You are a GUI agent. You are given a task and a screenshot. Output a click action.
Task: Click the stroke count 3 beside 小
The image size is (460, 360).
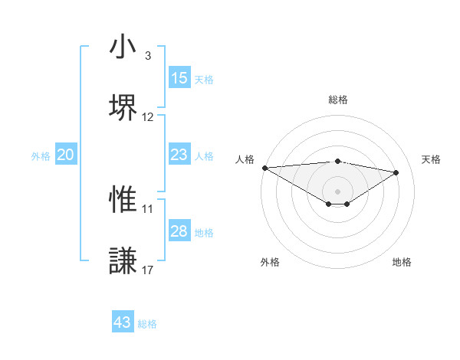[148, 56]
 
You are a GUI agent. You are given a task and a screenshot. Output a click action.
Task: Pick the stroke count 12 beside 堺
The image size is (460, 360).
[148, 117]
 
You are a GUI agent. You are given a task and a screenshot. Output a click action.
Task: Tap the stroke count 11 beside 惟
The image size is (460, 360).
[148, 208]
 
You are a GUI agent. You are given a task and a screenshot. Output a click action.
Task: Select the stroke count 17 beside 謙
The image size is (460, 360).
[148, 270]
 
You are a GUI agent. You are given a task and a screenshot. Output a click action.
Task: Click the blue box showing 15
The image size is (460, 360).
[179, 78]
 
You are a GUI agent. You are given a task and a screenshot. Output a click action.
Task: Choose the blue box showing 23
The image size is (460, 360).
[179, 155]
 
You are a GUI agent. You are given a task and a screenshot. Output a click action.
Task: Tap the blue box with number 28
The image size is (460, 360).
[179, 231]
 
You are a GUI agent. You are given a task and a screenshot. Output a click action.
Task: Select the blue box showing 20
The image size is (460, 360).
[66, 155]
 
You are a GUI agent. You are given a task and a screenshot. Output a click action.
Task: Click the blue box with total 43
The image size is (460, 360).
[123, 322]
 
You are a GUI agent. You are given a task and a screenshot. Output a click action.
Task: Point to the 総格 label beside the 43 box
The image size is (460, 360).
[147, 324]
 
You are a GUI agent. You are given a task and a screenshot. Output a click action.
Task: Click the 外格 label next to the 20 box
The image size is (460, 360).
[41, 156]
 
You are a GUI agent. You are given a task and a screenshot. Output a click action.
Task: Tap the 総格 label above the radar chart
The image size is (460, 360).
[337, 100]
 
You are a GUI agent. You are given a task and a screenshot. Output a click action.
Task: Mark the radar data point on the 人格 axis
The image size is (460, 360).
[264, 168]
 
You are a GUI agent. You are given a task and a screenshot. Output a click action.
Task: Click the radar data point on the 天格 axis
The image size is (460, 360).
[396, 172]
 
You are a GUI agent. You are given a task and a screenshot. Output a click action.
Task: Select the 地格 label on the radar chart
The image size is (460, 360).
[402, 262]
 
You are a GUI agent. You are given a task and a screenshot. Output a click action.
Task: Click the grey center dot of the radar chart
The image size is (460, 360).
[337, 190]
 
